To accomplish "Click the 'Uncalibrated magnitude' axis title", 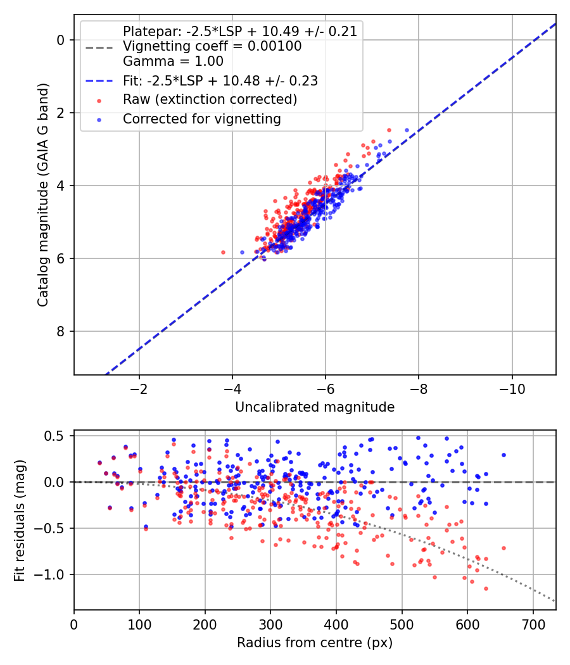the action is click(x=315, y=407).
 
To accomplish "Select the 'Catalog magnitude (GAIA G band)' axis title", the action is click(x=43, y=195).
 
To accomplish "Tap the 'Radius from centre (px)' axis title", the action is click(x=315, y=643).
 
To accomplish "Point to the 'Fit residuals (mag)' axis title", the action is click(x=20, y=521).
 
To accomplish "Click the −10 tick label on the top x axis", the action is click(x=512, y=389).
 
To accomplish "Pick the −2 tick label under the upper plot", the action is click(x=139, y=389).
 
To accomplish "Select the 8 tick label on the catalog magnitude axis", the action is click(x=60, y=331).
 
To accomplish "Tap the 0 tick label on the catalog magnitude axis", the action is click(x=60, y=40).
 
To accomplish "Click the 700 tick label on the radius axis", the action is click(x=533, y=624).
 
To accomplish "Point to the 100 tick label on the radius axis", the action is click(x=139, y=624).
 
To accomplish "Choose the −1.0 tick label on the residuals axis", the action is click(x=53, y=574).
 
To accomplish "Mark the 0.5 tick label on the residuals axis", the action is click(x=57, y=436).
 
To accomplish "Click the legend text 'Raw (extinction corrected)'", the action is click(x=210, y=99).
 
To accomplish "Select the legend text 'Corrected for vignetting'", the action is click(x=202, y=119).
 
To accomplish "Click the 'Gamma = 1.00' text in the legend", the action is click(x=173, y=61).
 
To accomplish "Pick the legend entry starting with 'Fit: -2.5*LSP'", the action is click(x=220, y=80).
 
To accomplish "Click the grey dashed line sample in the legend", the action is click(x=99, y=47).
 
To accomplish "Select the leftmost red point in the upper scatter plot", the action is click(x=223, y=252).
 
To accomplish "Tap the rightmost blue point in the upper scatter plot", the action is click(x=407, y=130).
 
